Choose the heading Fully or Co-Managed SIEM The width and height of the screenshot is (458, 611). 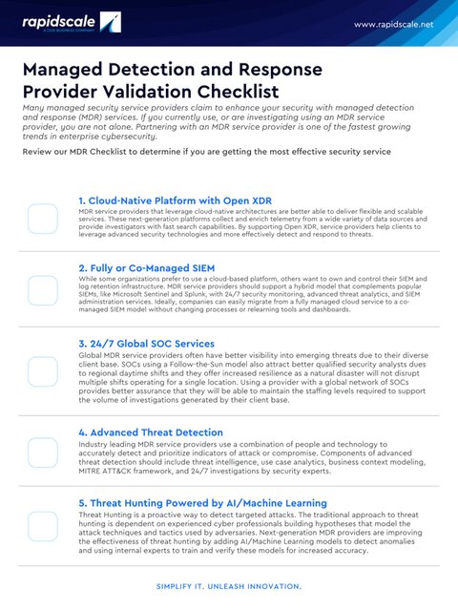145,269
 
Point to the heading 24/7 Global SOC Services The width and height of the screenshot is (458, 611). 146,343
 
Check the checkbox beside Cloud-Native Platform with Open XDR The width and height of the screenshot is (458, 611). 42,218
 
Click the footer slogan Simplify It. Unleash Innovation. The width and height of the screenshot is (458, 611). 229,587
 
